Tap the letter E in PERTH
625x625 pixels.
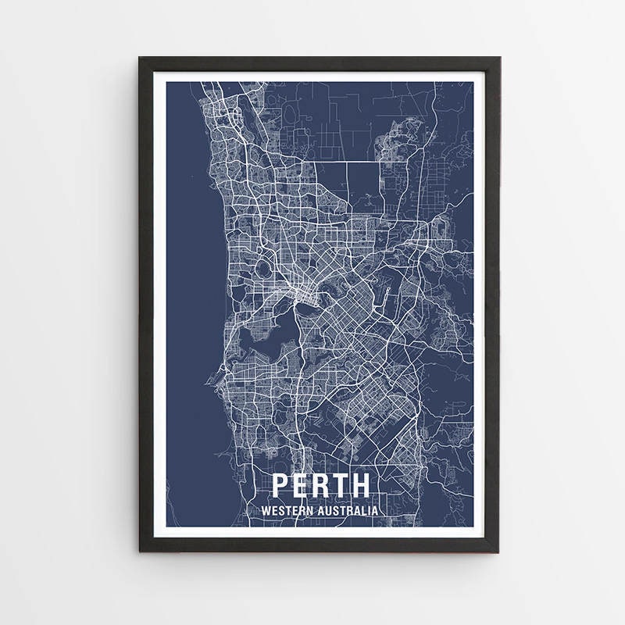[302, 485]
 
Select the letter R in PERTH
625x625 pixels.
[322, 485]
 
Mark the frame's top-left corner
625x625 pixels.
[141, 59]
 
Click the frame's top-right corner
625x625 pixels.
[499, 59]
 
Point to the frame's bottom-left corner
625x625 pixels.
[141, 551]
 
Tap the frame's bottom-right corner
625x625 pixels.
[499, 551]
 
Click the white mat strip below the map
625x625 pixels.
[320, 533]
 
